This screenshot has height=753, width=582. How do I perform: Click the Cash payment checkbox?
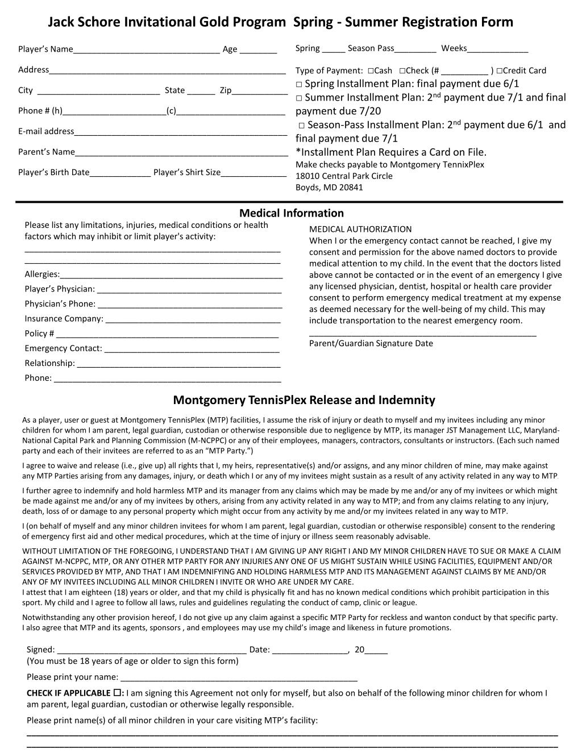pos(370,71)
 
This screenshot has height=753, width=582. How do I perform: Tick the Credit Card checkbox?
pos(498,71)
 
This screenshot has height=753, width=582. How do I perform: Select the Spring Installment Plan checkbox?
pos(299,84)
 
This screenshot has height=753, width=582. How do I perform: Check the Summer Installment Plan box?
pos(299,98)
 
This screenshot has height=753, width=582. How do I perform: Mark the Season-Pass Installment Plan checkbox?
pos(302,125)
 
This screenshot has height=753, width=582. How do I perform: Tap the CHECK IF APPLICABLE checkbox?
pos(117,693)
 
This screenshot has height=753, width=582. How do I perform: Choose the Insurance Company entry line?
pos(193,320)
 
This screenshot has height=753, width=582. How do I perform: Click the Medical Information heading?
pos(292,213)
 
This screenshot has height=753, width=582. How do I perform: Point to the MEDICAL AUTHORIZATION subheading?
pos(360,229)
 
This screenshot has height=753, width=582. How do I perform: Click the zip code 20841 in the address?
pos(351,188)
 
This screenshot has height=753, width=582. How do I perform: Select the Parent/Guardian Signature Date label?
pos(371,343)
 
